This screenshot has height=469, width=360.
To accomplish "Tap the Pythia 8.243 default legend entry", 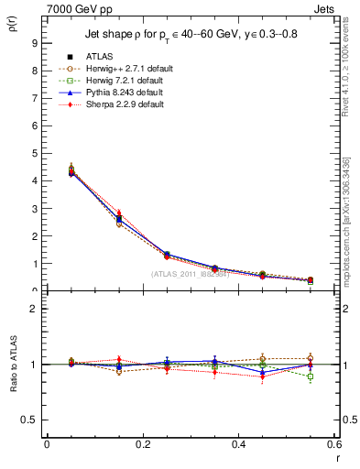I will point(117,93).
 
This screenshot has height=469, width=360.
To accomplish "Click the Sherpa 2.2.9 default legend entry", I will point(117,104).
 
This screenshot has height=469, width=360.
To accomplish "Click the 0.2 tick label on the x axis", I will point(142,444).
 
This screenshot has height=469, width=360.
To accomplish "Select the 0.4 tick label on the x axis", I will point(238,444).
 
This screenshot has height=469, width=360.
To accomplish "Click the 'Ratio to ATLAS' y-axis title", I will point(14,365).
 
